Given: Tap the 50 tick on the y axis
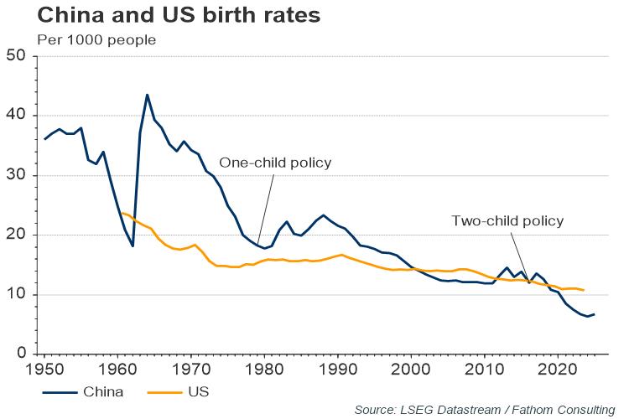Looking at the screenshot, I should (x=16, y=57).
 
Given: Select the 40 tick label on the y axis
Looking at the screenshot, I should (x=16, y=116).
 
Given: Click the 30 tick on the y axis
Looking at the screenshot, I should (x=16, y=176).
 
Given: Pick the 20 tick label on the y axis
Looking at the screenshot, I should (x=16, y=235).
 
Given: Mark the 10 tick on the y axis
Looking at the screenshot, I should (x=16, y=295).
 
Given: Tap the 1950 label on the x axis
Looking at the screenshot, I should (x=44, y=369).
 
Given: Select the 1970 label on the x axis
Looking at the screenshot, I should (x=191, y=369).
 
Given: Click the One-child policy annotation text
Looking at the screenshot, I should (x=276, y=163).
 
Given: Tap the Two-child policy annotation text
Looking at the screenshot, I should (x=507, y=221).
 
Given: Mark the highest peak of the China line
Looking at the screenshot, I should (x=147, y=95).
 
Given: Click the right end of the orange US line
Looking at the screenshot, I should (x=583, y=290).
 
